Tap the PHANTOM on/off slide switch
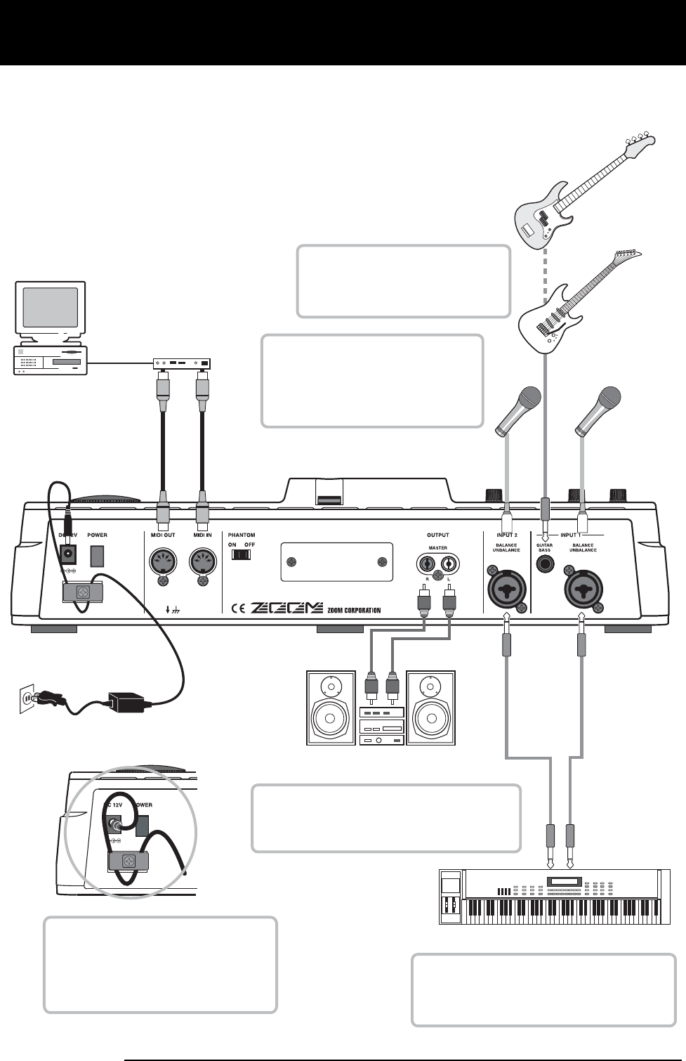coord(241,554)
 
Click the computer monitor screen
coord(50,307)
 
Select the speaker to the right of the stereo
coord(430,708)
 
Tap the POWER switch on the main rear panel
coord(97,556)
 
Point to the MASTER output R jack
coord(426,563)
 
